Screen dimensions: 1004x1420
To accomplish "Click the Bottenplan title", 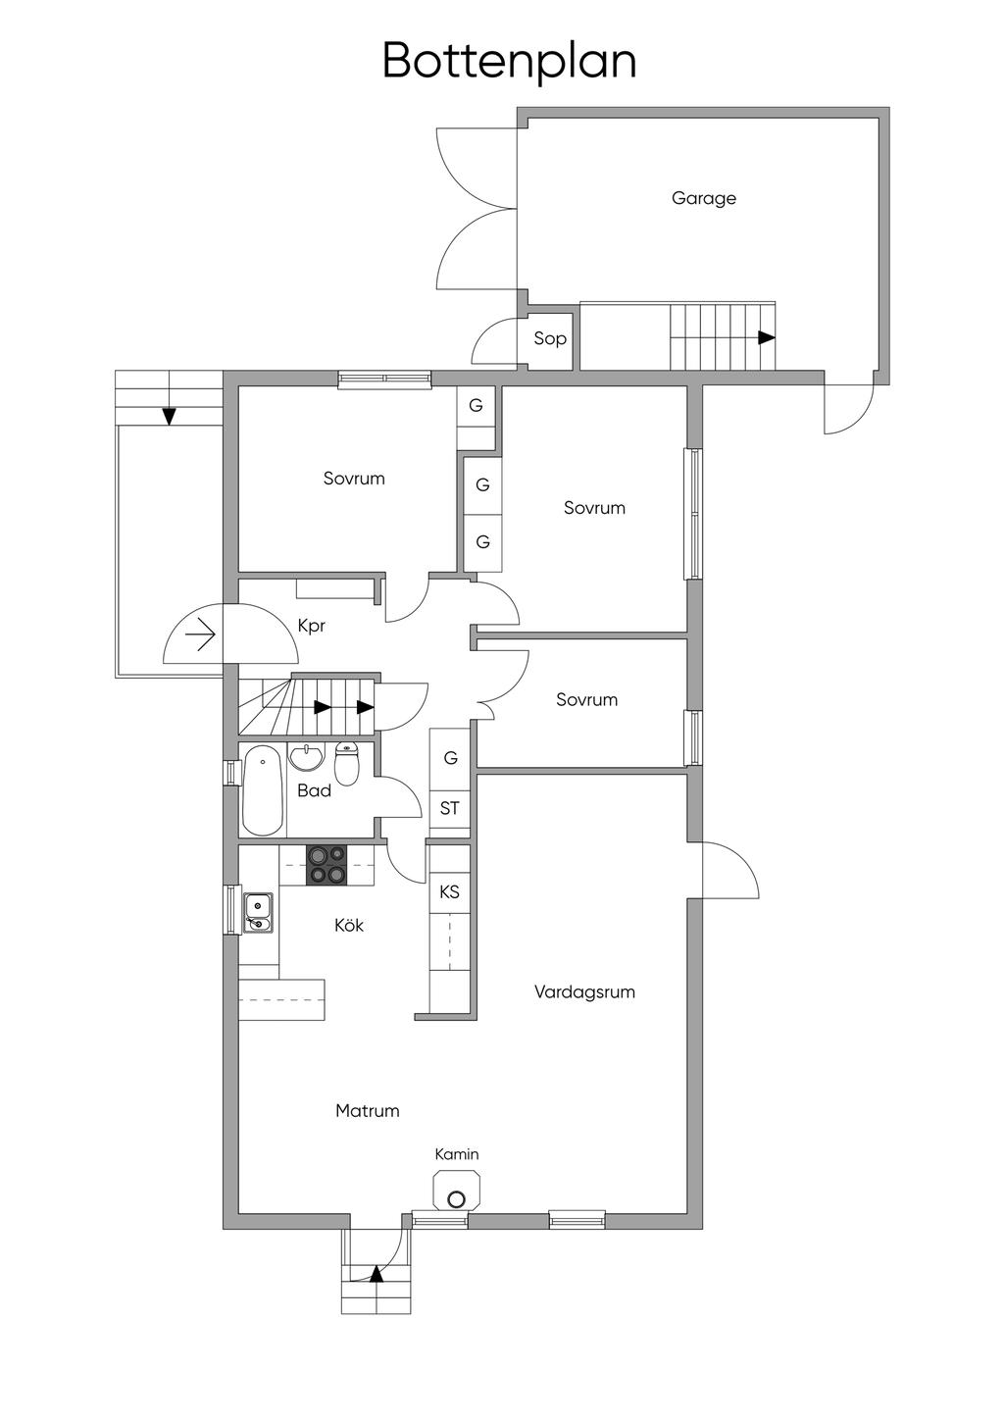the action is (510, 62).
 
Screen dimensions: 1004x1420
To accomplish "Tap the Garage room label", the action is (704, 198).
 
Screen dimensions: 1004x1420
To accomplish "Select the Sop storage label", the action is (549, 338).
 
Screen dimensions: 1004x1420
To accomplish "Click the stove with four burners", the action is (327, 865).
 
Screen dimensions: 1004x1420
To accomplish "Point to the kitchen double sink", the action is (259, 913).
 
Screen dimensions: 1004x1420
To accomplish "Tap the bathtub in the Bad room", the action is (263, 790).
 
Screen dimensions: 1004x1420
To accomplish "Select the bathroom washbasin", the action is (307, 756).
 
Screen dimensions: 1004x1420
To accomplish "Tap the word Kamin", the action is (456, 1154).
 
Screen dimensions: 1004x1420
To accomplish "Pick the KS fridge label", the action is (449, 892).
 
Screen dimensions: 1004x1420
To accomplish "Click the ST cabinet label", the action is (449, 808).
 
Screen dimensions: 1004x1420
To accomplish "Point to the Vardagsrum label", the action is (584, 992).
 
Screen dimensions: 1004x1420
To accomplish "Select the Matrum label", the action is (368, 1111).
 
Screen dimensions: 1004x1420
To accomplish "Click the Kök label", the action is (349, 925).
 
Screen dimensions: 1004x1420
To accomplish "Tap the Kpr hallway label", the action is (311, 626).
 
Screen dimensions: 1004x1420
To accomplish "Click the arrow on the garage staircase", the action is (767, 338).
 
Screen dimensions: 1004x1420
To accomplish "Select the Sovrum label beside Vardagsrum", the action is (587, 700).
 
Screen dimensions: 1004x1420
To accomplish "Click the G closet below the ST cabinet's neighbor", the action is (451, 757).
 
